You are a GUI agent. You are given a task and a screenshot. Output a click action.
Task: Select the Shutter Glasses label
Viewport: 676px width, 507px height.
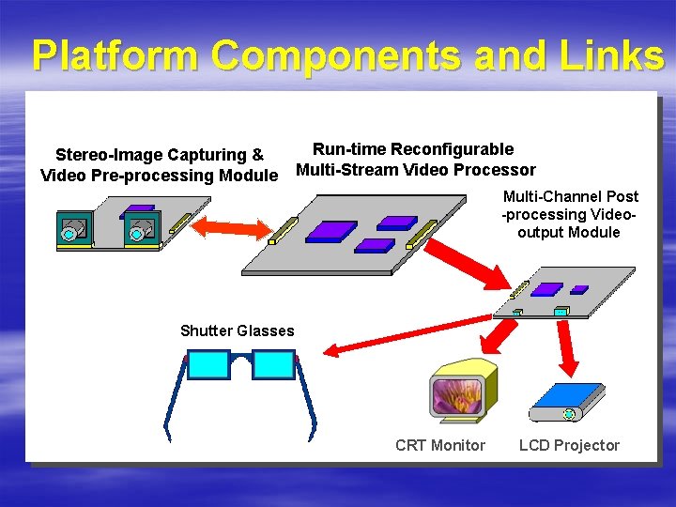tap(237, 330)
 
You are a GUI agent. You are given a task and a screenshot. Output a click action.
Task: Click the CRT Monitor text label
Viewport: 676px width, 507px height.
tap(440, 445)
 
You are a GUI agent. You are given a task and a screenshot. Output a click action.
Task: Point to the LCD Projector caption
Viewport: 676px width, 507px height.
tap(569, 445)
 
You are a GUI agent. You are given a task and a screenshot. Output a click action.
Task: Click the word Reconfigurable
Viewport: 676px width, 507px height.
tap(452, 148)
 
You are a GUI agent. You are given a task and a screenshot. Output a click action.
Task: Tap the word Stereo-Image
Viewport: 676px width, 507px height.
tap(112, 155)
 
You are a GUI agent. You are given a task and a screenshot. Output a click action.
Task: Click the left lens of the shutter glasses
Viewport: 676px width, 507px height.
tap(208, 364)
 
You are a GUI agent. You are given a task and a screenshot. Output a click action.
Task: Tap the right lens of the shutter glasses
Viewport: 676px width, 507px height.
tap(274, 364)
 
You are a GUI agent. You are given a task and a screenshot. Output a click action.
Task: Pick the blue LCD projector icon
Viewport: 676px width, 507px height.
tap(567, 402)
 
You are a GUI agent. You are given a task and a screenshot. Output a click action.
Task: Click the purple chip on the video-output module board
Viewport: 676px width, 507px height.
tap(552, 290)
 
